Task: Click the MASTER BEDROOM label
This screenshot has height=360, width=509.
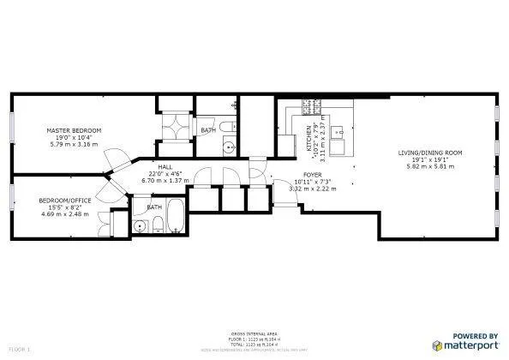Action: (x=74, y=130)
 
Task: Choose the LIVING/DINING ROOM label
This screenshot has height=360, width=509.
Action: (x=429, y=153)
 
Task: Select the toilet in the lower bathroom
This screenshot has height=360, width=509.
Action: (x=159, y=226)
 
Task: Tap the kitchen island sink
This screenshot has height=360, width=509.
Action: (x=338, y=132)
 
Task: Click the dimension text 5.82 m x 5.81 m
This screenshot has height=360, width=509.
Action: (x=429, y=166)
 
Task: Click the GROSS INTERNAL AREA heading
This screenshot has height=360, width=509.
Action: (x=254, y=333)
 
